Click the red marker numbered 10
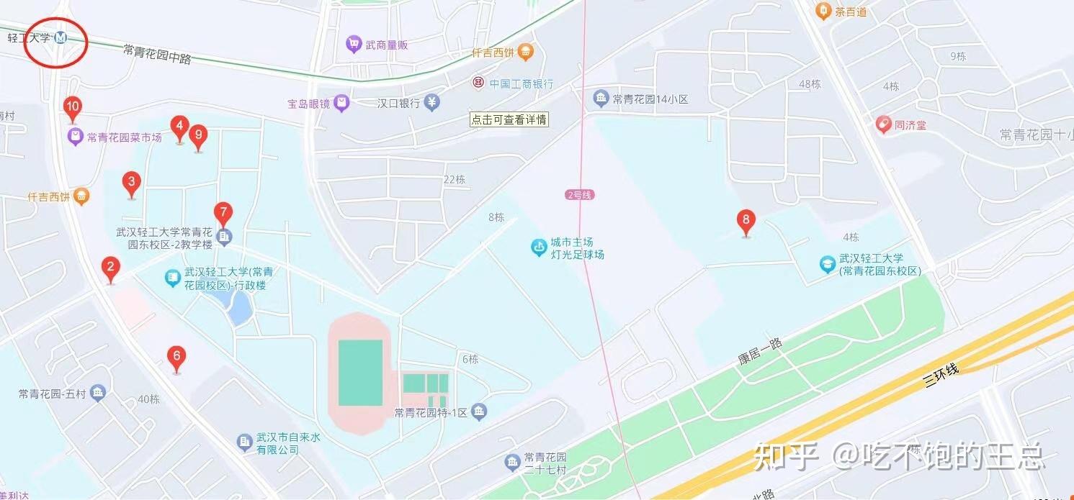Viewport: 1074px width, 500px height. [72, 109]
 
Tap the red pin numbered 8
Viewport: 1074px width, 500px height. [746, 221]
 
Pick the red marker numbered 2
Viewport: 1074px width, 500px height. [110, 269]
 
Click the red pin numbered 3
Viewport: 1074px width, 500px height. [131, 182]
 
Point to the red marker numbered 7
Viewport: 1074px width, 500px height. [223, 214]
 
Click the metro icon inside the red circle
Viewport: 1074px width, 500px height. [61, 38]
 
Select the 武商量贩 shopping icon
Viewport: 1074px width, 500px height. [353, 45]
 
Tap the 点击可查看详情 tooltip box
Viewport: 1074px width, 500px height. [509, 119]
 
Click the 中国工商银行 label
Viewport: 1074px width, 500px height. [522, 83]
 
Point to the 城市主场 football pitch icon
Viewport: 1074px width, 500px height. [539, 248]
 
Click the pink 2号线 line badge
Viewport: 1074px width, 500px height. [581, 195]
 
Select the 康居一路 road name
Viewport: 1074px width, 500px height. [760, 350]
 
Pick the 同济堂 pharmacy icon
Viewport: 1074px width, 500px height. [883, 125]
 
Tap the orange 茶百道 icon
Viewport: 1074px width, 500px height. [823, 11]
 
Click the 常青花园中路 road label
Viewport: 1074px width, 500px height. [157, 54]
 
